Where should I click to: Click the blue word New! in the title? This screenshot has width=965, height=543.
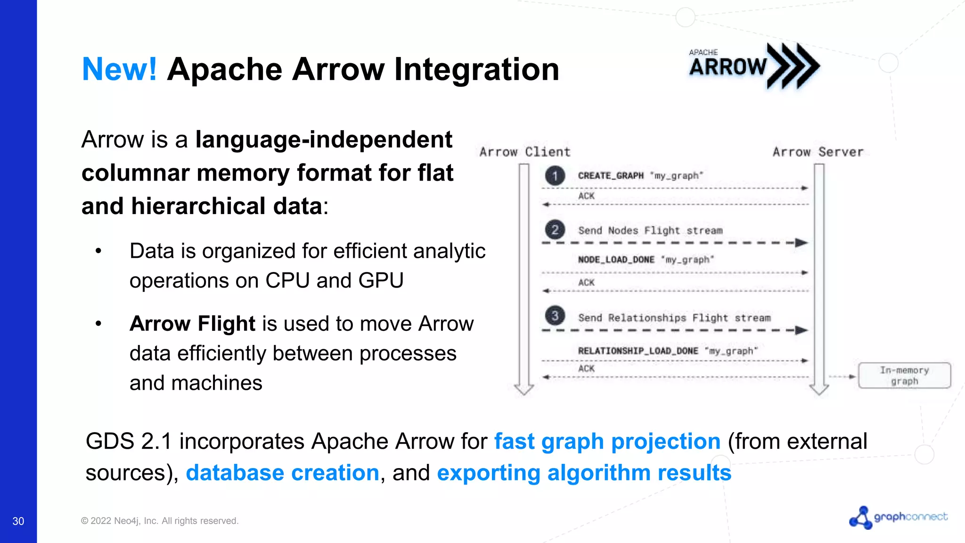click(x=119, y=69)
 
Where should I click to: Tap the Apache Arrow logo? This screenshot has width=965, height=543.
click(x=754, y=66)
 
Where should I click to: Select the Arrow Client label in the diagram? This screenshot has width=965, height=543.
click(x=525, y=152)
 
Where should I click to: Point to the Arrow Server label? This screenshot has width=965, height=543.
click(x=818, y=152)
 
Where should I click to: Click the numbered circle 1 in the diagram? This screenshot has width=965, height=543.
click(x=555, y=176)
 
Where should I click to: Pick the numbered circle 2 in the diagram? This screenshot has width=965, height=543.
click(x=555, y=230)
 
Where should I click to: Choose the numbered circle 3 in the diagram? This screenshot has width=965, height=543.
click(x=555, y=316)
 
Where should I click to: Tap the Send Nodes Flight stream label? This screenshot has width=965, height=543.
click(x=650, y=230)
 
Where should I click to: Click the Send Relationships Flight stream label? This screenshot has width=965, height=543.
click(x=674, y=318)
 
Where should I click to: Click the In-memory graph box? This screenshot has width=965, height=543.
click(x=904, y=376)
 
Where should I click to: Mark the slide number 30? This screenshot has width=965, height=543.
click(x=18, y=521)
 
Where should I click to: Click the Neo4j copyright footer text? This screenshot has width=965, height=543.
click(x=160, y=521)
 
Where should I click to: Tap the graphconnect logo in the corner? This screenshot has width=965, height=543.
click(x=898, y=518)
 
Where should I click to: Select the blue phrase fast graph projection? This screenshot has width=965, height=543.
click(x=607, y=442)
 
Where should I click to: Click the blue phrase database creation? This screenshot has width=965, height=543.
click(x=282, y=473)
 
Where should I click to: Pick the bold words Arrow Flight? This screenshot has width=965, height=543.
click(x=192, y=324)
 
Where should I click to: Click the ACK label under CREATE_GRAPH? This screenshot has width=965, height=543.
click(x=586, y=196)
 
